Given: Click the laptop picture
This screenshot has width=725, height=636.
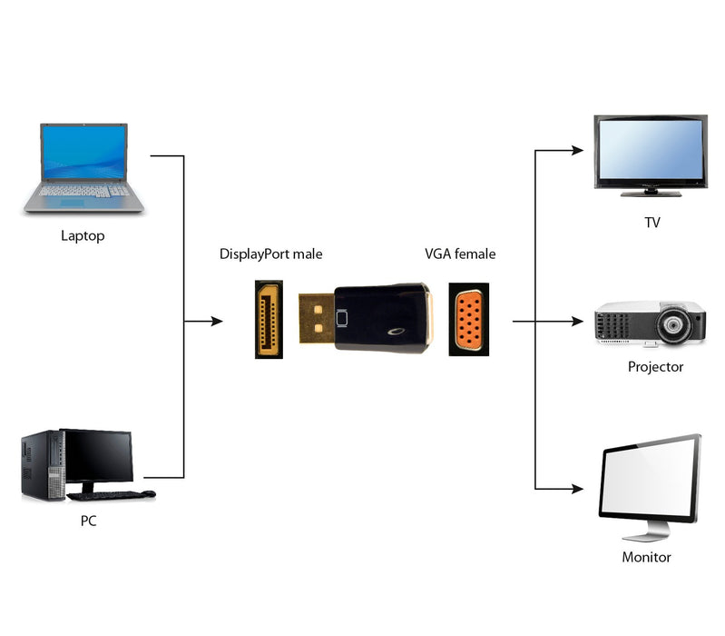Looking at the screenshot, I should pos(83,169).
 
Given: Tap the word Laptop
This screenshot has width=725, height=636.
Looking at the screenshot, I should pos(83,236).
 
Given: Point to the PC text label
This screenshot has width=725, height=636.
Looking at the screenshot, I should pos(87,522).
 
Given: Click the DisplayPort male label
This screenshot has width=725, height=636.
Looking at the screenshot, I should pos(270,254).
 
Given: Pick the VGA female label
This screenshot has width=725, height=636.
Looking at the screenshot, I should pos(460,254).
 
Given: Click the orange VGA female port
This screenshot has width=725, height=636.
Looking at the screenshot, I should pos(469,320).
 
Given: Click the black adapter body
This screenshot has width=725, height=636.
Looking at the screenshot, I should pos(381,318).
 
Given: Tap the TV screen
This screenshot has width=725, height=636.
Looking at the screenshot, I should pos(649,151).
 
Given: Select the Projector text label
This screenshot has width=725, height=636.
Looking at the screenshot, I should pos(655,367).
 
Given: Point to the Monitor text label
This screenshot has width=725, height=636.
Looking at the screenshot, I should pos(646,557).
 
